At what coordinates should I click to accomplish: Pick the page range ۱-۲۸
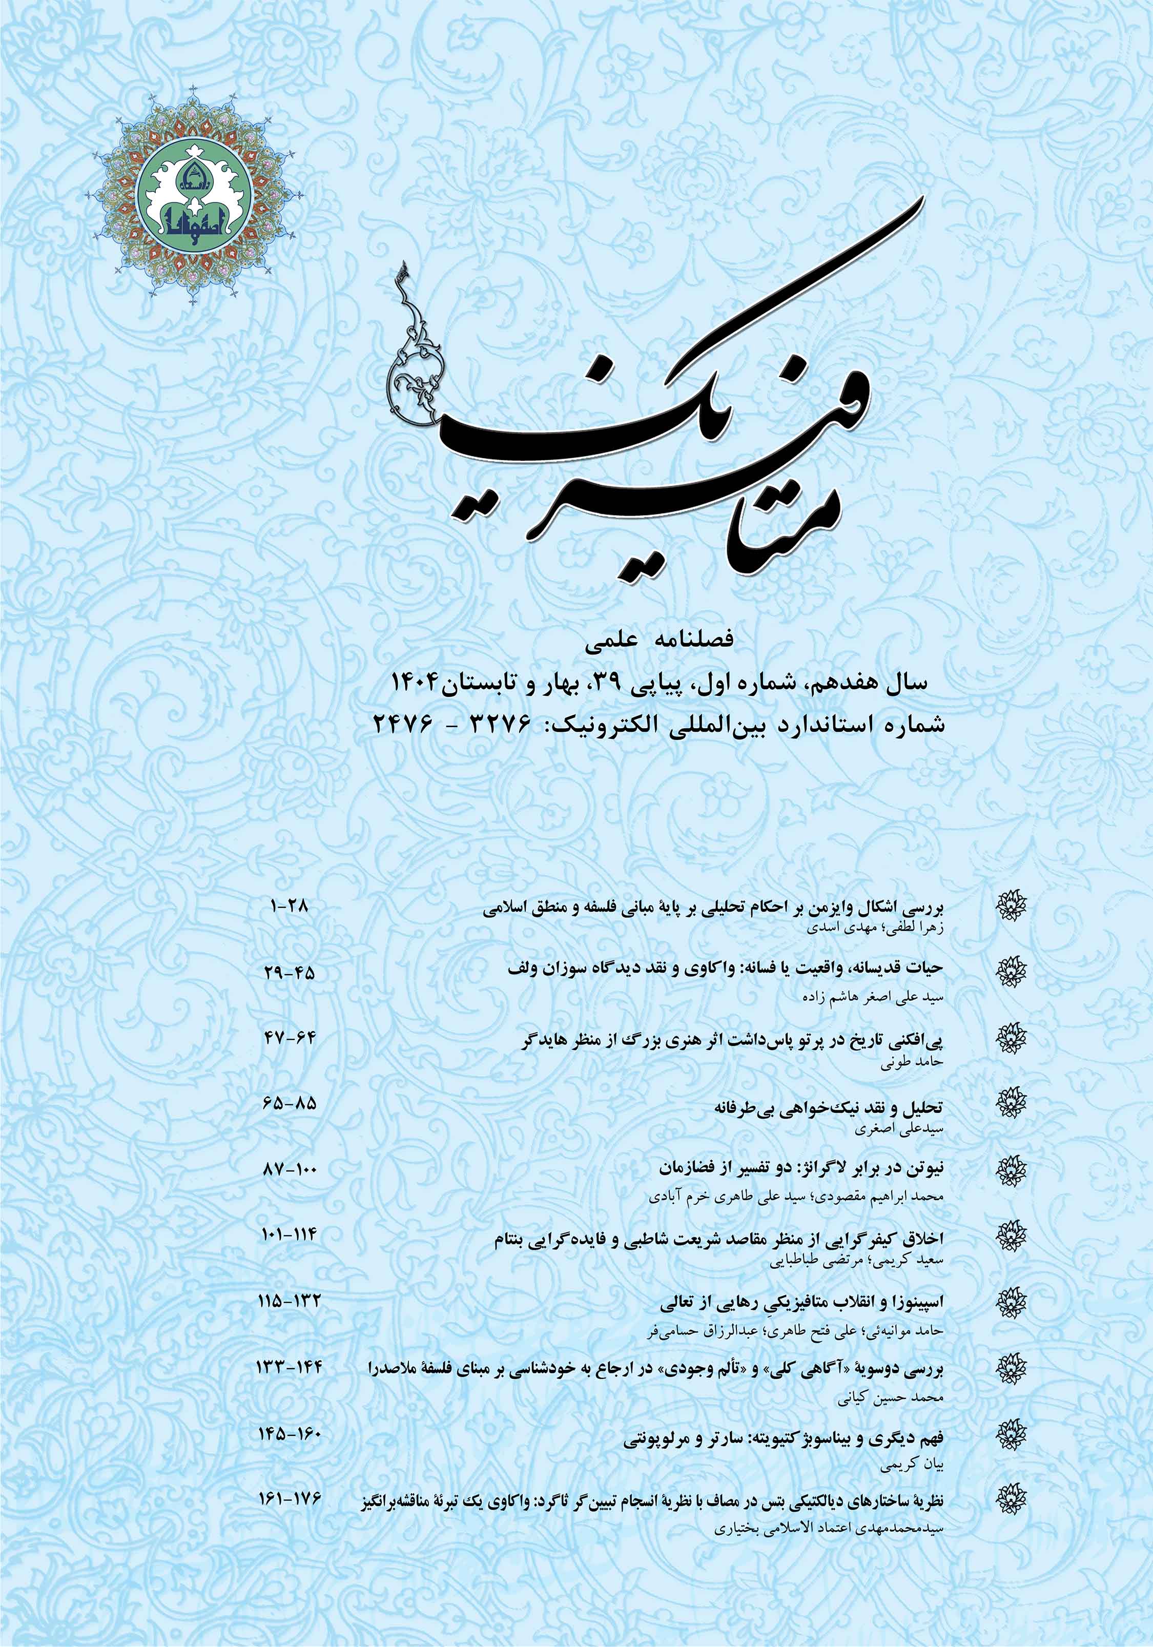tap(290, 906)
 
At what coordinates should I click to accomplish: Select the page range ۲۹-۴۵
tap(290, 974)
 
